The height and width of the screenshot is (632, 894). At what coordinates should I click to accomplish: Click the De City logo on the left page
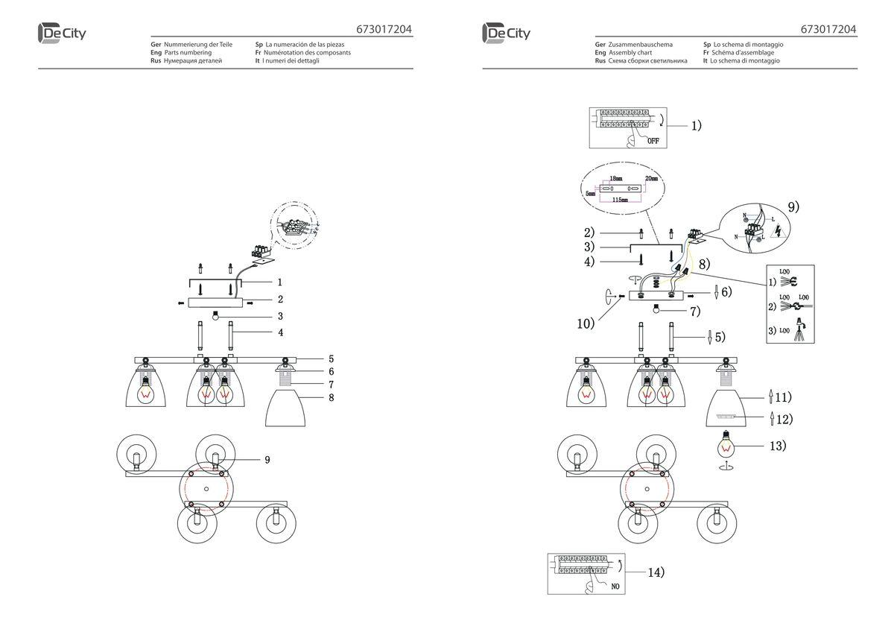point(61,34)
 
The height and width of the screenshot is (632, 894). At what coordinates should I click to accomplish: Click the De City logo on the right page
point(506,34)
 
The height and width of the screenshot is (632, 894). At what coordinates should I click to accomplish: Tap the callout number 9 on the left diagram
point(267,460)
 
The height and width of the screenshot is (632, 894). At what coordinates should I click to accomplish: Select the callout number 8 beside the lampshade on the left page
point(332,398)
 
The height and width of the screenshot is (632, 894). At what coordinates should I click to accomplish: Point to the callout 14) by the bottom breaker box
point(656,572)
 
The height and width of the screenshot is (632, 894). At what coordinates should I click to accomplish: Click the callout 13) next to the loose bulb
point(777,446)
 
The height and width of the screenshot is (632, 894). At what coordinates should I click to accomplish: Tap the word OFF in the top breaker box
point(653,140)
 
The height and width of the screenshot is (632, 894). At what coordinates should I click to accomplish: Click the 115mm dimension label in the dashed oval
point(619,200)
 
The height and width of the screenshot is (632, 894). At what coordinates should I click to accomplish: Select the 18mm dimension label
point(616,180)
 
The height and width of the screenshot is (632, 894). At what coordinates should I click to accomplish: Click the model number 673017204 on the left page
point(384,30)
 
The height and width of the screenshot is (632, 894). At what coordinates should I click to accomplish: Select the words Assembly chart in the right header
point(630,53)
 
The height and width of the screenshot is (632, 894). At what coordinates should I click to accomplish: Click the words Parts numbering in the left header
point(188,53)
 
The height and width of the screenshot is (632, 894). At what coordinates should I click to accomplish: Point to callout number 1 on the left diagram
point(280,282)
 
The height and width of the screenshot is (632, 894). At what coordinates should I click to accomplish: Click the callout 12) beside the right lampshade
point(783,419)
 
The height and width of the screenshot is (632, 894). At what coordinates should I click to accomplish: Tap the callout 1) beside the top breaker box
point(695,126)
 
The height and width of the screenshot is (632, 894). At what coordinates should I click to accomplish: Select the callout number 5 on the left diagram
point(332,358)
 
